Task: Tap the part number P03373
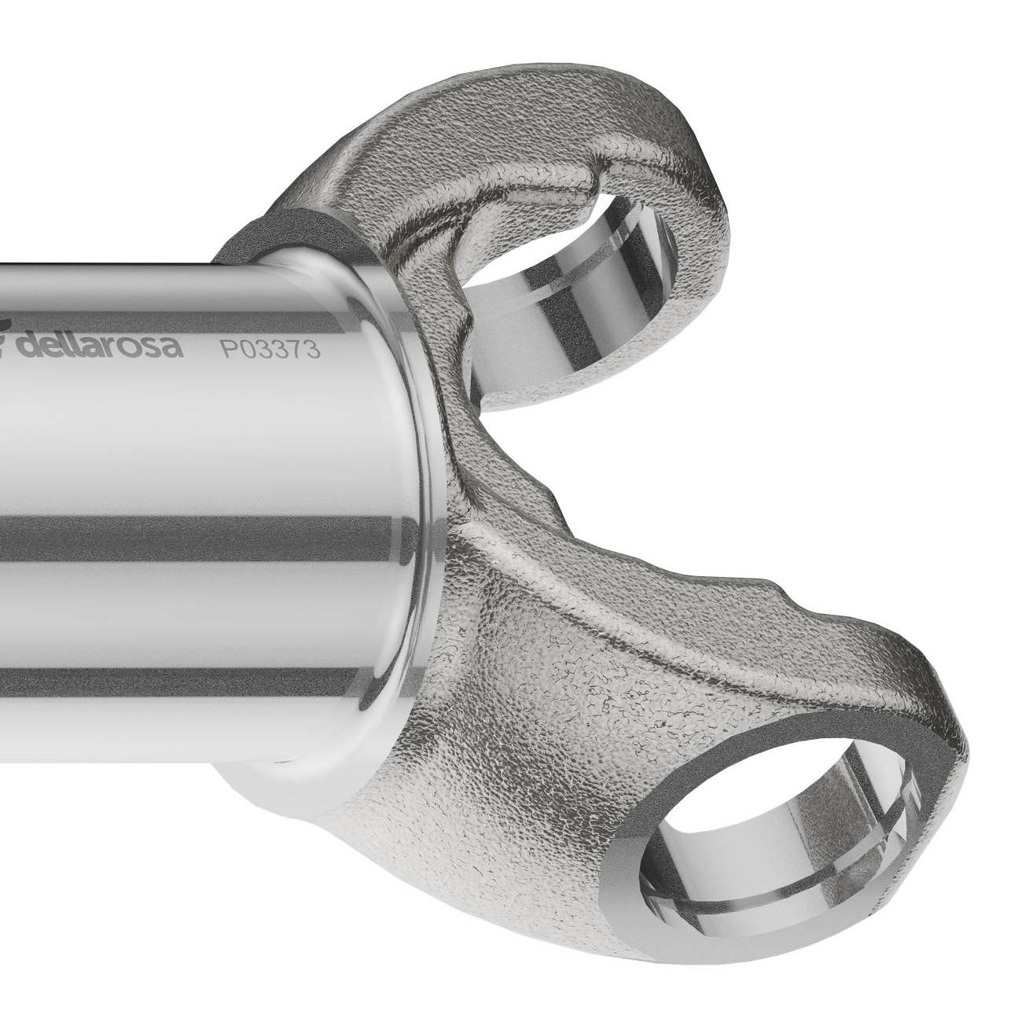point(270,350)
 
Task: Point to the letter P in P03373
point(229,349)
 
